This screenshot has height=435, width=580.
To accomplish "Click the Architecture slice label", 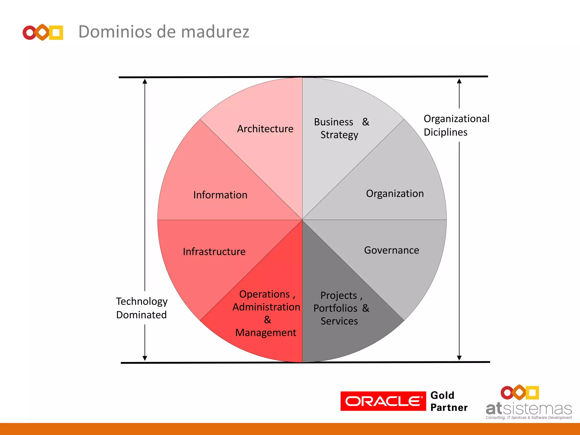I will tap(265, 129).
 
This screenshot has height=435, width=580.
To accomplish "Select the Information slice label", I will tap(220, 195).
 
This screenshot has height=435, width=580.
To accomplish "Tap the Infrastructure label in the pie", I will tap(214, 251).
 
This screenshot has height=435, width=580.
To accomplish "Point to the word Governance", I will tap(391, 250).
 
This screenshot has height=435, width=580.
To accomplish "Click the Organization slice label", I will tap(395, 193).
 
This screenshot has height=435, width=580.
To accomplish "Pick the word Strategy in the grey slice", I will tap(339, 135).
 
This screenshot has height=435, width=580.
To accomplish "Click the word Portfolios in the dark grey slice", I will tap(335, 308).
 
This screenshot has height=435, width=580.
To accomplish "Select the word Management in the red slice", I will tap(266, 332).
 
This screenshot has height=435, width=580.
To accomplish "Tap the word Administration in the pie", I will tap(266, 307).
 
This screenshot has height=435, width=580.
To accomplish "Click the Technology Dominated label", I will tap(142, 308).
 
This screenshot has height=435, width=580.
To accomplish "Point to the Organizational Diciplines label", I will tap(456, 125).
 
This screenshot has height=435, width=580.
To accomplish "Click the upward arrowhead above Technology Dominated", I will tap(145, 82).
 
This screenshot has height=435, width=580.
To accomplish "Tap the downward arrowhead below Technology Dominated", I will tap(145, 358).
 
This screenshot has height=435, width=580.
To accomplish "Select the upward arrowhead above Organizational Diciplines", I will tap(459, 81).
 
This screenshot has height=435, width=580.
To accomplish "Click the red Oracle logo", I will tap(383, 401).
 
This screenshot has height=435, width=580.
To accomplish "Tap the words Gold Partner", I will tap(449, 401).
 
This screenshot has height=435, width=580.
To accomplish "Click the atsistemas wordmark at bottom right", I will tap(528, 409).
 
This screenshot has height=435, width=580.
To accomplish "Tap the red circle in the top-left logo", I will tap(29, 33).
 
